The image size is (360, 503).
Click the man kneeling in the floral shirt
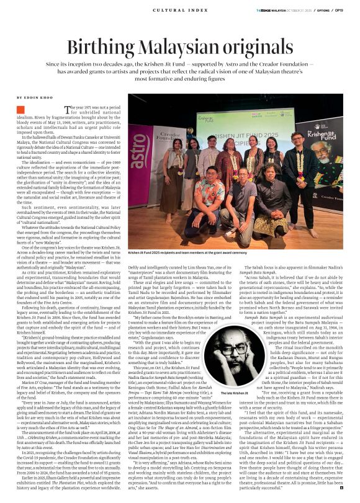[x=212, y=194]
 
